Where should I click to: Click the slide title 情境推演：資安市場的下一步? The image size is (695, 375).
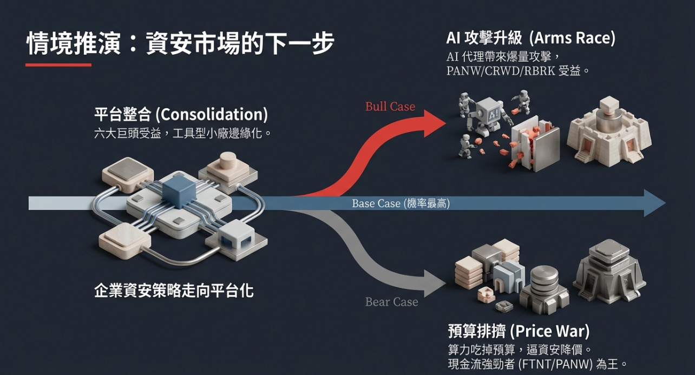[x=180, y=43]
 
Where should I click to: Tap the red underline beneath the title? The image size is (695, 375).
[x=58, y=65]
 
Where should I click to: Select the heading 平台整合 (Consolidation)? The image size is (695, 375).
[x=181, y=115]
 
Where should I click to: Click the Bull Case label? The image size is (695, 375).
[x=390, y=106]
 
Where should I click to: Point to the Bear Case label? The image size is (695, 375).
[x=391, y=302]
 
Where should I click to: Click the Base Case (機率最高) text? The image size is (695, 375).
[x=401, y=203]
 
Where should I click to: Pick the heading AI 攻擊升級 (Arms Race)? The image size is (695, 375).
[x=530, y=38]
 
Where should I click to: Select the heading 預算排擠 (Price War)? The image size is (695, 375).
[x=518, y=331]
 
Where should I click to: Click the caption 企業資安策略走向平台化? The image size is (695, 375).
[x=174, y=291]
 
